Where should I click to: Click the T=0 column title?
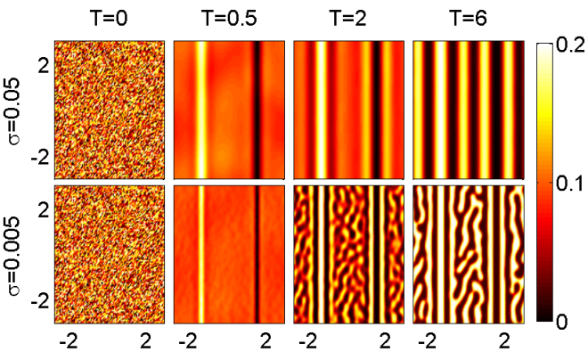coord(109,18)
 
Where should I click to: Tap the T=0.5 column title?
coord(229,18)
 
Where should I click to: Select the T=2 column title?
coord(348,18)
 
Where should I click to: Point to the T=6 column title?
coord(469,18)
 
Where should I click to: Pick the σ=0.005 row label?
coord(14,256)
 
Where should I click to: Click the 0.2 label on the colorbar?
coord(570,45)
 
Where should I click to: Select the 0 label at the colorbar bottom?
coord(561,322)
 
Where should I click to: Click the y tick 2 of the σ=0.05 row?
coord(45,67)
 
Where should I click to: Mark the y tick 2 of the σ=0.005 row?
coord(45,212)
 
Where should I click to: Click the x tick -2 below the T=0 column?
coord(69,342)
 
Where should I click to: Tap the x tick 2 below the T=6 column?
coord(504,342)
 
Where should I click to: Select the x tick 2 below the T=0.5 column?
coord(265,342)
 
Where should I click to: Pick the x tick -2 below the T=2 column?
coord(308,342)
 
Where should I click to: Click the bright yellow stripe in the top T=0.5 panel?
coord(201,110)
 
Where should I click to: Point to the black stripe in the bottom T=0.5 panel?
coord(258,254)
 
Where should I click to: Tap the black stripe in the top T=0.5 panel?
coord(257,110)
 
